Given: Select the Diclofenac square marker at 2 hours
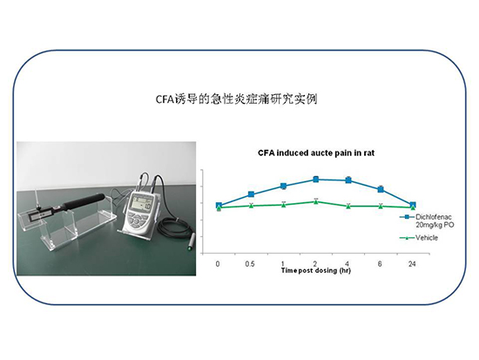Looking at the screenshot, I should pyautogui.click(x=315, y=179).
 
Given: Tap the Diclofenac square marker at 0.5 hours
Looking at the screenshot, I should pyautogui.click(x=251, y=194).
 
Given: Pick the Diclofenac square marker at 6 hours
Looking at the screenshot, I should pyautogui.click(x=381, y=189).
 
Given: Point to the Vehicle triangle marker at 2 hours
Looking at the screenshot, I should pyautogui.click(x=315, y=200).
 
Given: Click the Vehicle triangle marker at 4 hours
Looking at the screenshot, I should pyautogui.click(x=348, y=206).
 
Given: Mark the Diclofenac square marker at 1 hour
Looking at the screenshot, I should pyautogui.click(x=283, y=186).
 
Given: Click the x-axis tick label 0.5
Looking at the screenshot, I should pyautogui.click(x=251, y=262).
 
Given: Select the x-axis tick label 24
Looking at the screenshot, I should pyautogui.click(x=413, y=262).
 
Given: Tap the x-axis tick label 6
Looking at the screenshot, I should pyautogui.click(x=381, y=262).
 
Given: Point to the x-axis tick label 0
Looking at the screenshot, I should pyautogui.click(x=218, y=262).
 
